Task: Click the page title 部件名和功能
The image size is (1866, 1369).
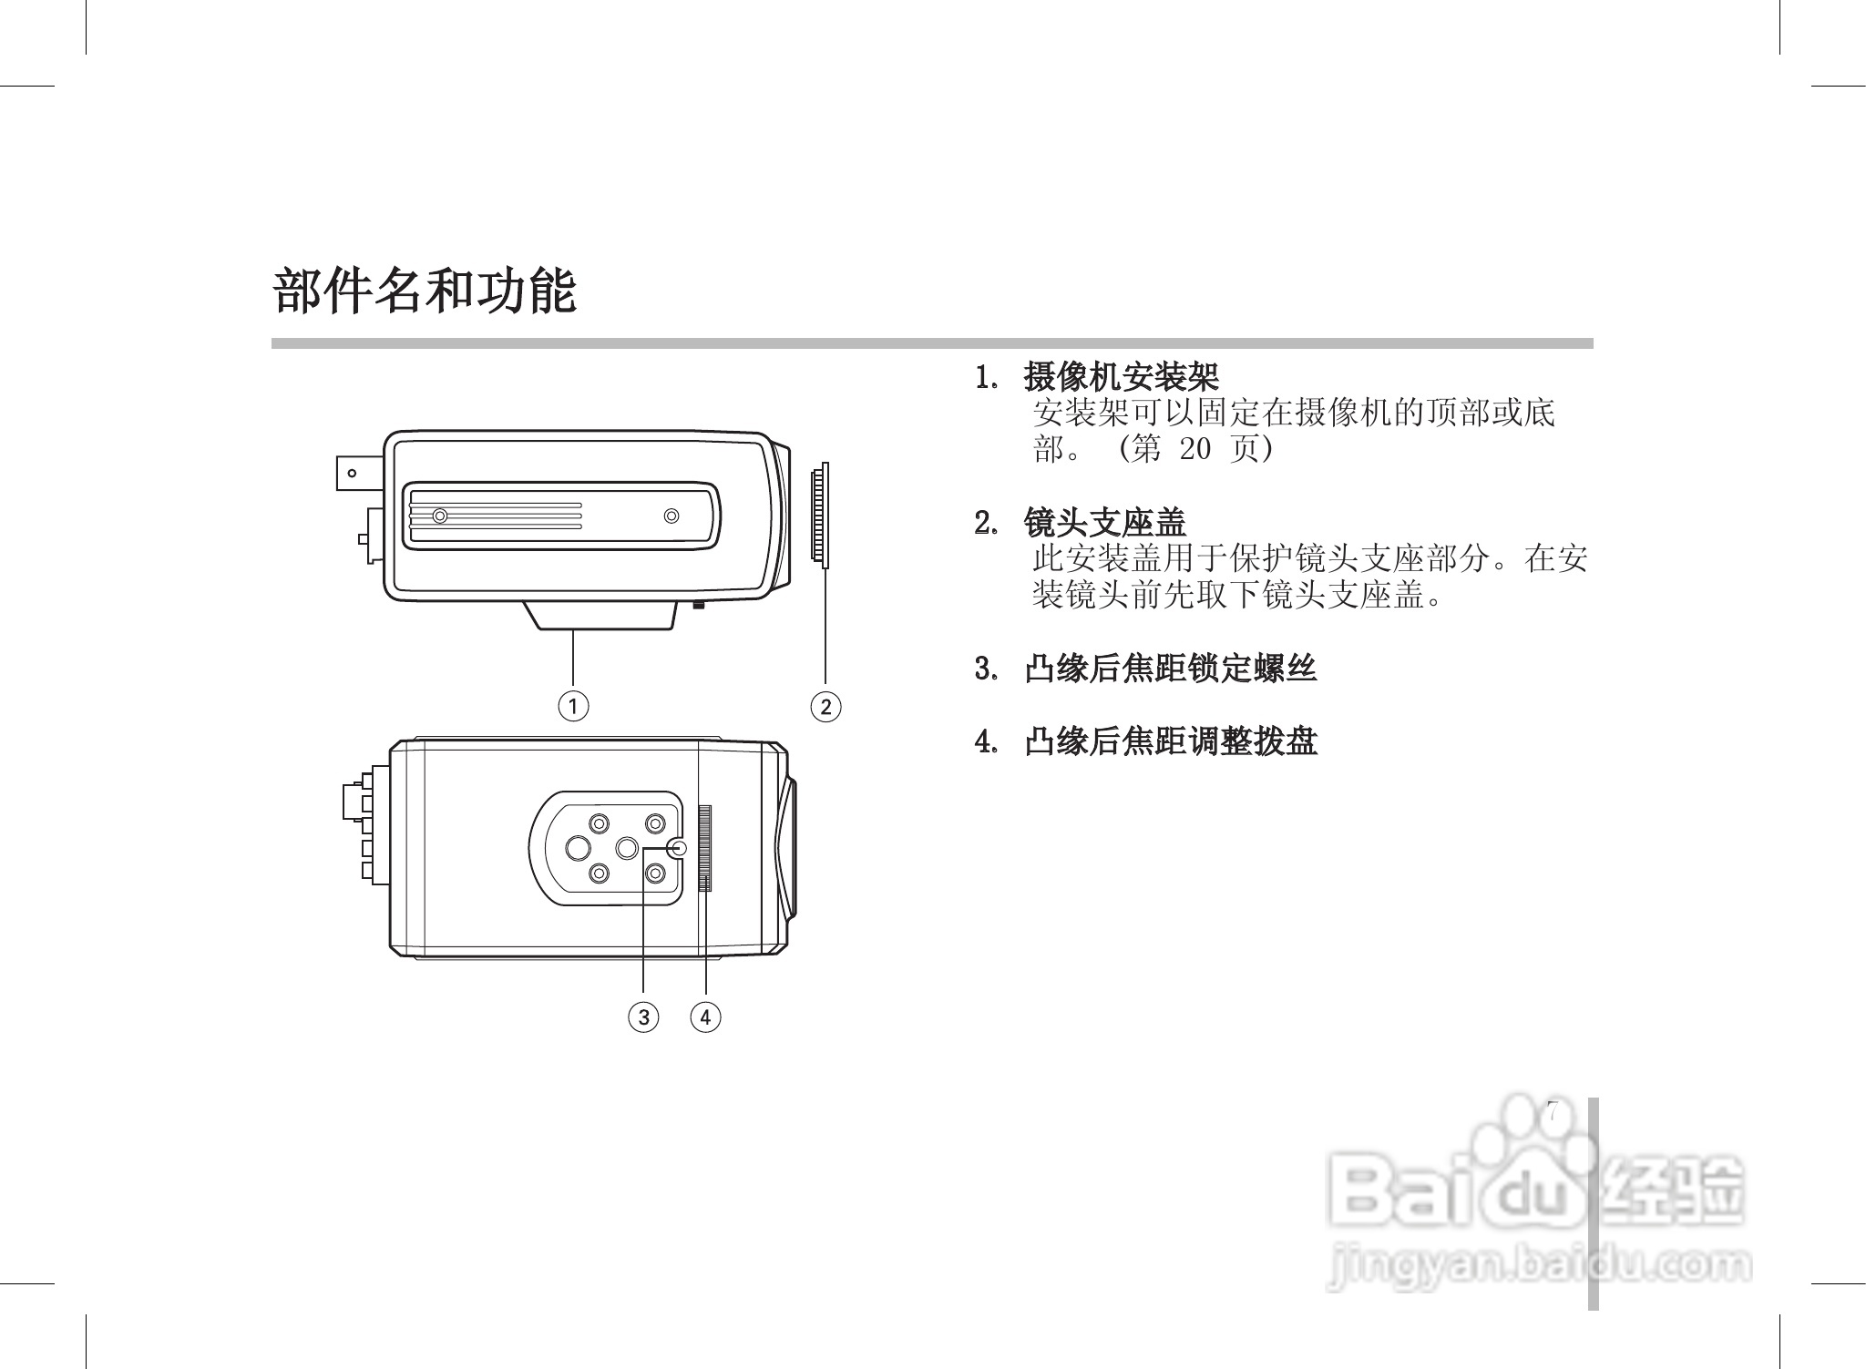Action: tap(425, 291)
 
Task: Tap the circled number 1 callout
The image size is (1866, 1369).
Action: tap(573, 706)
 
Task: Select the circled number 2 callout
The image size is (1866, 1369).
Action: tap(825, 706)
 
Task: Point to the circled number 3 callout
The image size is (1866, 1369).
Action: tap(643, 1017)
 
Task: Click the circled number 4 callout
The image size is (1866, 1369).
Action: tap(705, 1017)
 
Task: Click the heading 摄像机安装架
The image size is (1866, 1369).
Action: tap(1121, 375)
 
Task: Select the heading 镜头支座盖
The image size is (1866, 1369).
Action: tap(1104, 523)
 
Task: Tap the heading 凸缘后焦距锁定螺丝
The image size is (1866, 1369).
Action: tap(1170, 669)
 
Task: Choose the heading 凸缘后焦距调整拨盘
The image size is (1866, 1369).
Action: tap(1170, 741)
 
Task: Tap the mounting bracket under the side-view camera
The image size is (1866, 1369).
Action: tap(601, 615)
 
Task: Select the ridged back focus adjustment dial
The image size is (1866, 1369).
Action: tap(706, 848)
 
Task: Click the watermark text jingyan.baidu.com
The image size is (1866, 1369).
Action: tap(1540, 1267)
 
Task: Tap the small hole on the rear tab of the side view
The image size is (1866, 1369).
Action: tap(352, 473)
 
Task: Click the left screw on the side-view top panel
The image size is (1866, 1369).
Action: tap(440, 516)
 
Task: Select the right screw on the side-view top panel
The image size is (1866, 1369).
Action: tap(672, 516)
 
